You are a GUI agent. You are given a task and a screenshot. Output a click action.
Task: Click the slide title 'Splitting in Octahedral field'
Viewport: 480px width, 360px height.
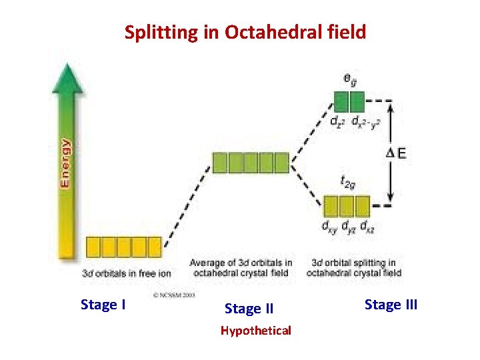tap(245, 32)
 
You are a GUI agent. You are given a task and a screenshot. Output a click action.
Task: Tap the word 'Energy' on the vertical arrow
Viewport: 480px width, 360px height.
tap(65, 163)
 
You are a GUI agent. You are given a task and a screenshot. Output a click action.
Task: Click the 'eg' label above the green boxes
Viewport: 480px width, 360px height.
tap(349, 78)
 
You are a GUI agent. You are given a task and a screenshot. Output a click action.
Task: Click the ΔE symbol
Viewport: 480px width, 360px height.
tap(397, 153)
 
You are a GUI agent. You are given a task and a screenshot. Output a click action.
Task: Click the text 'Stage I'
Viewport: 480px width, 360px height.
tap(103, 305)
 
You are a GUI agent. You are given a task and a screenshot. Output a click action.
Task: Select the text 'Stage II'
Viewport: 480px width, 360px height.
tap(249, 309)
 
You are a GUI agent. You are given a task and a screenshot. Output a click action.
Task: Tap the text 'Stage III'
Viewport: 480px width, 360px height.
tap(391, 305)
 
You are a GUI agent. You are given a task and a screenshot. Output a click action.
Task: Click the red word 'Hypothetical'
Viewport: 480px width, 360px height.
tap(256, 331)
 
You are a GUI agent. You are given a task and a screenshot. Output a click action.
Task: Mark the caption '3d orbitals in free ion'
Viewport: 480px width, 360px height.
tap(126, 273)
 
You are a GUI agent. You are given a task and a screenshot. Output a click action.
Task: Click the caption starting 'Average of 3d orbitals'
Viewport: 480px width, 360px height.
tap(241, 267)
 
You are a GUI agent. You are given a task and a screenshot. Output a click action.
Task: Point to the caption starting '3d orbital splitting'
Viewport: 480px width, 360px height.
tap(355, 267)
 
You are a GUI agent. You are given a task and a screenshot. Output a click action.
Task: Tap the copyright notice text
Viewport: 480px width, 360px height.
tap(175, 294)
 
